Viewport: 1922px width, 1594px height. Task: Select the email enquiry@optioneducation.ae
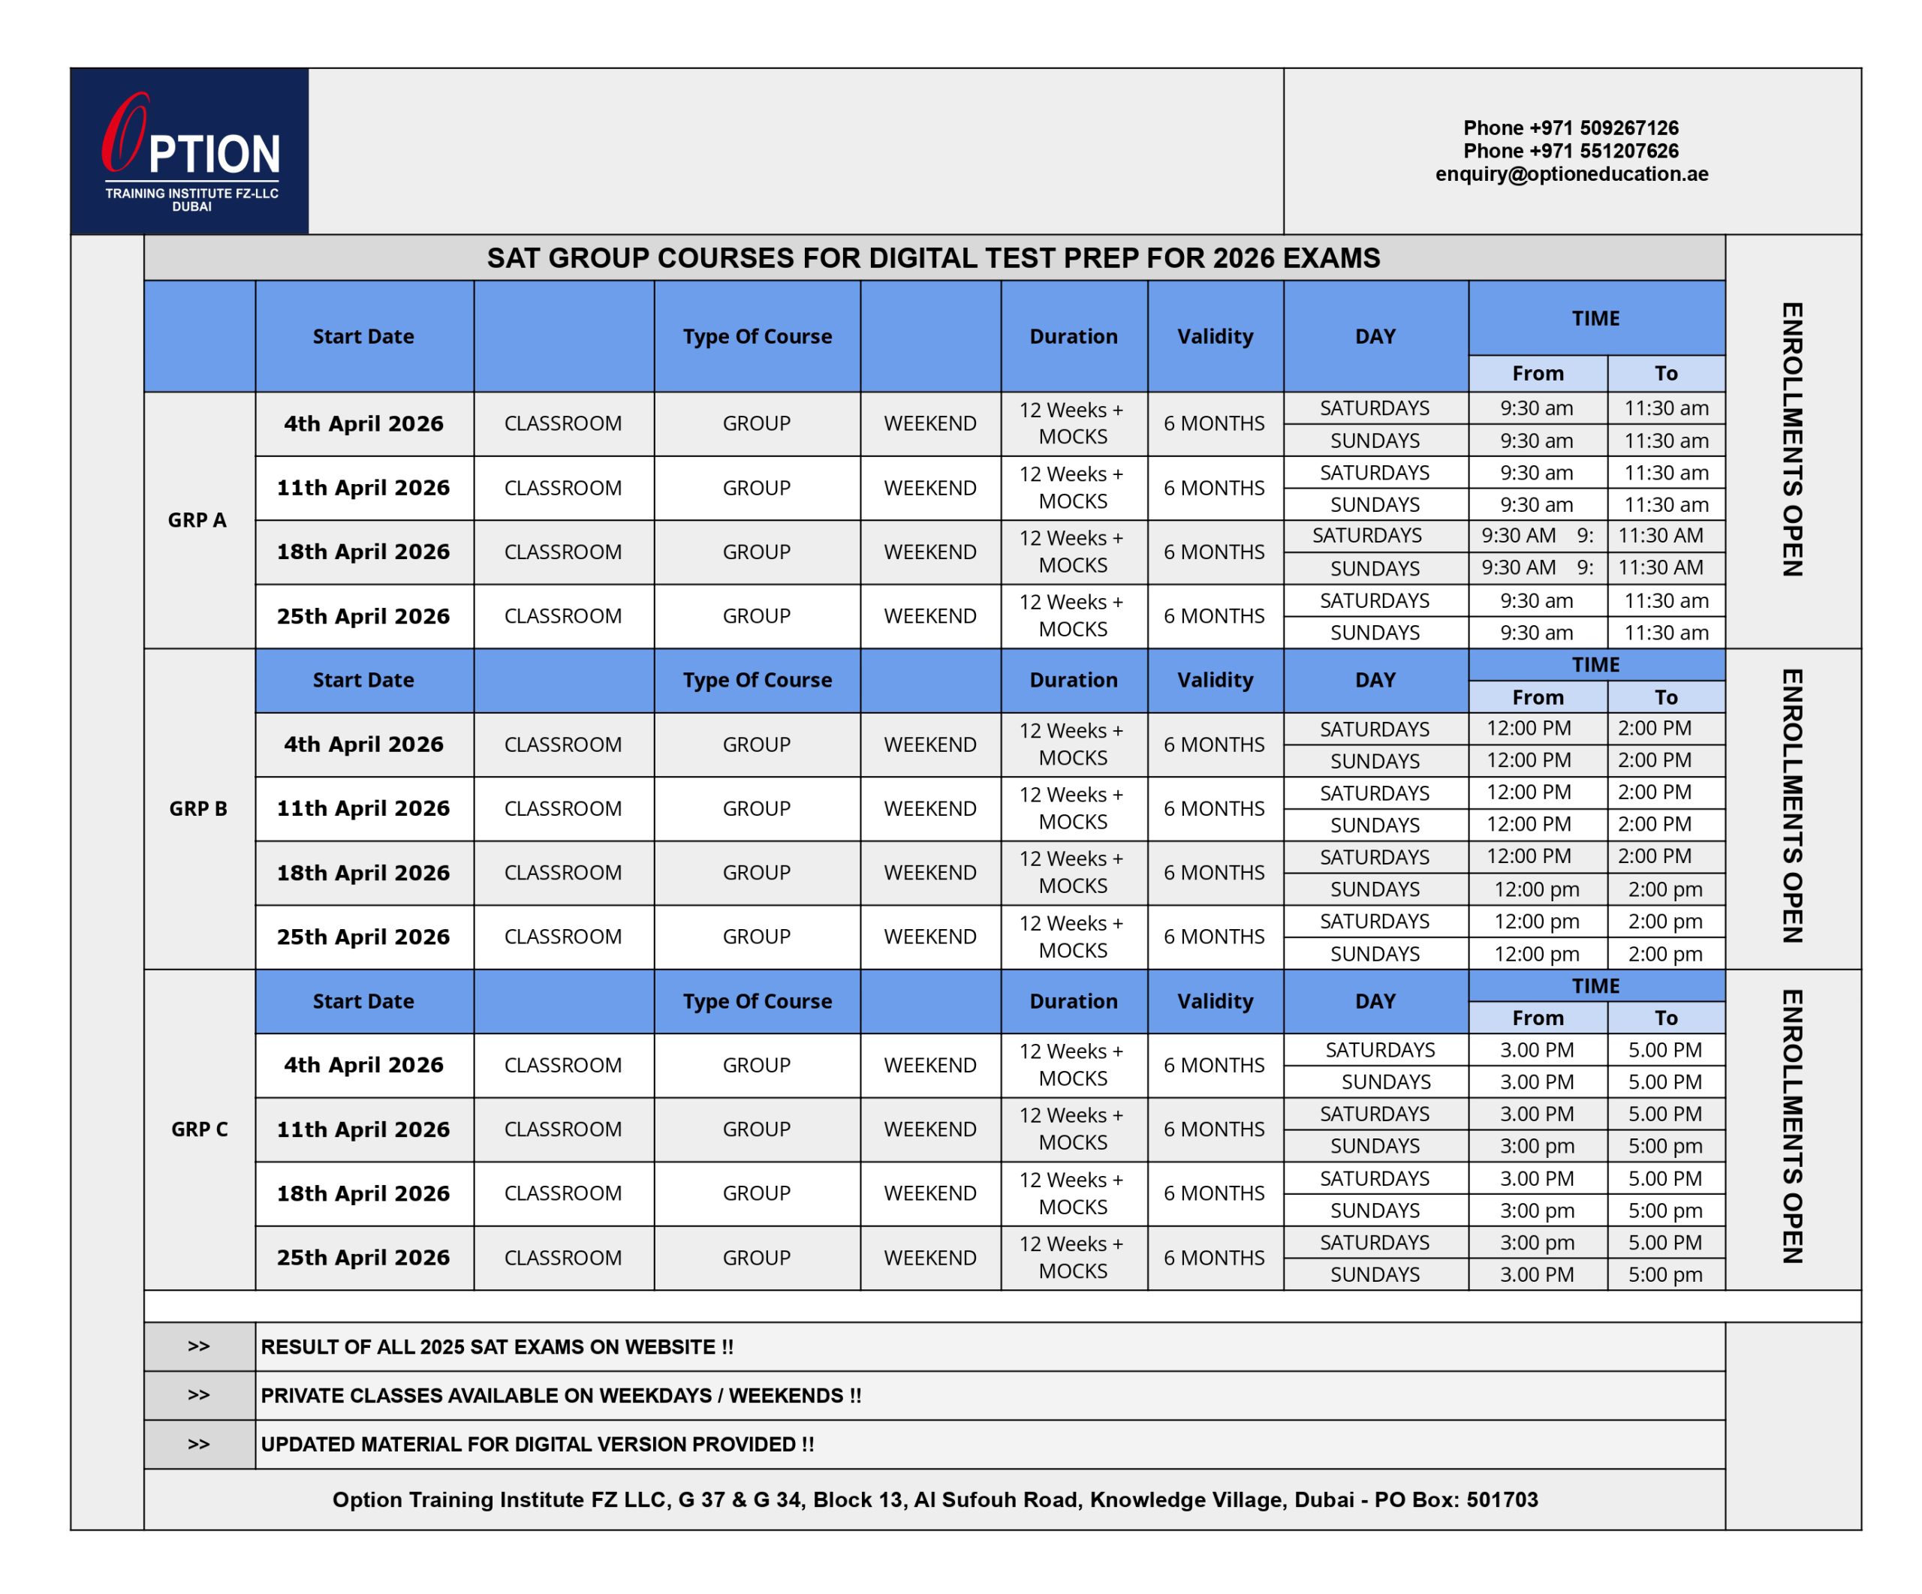(1571, 174)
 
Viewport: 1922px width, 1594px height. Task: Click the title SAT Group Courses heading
(932, 258)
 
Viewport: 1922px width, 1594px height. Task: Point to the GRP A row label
(197, 520)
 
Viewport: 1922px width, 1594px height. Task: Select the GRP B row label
(197, 808)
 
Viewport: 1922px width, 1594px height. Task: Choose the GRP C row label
(199, 1129)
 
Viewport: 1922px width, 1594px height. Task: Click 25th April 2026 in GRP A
(363, 616)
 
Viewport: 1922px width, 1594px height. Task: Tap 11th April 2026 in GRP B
(363, 808)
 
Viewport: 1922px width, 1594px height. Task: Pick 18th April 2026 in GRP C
(363, 1193)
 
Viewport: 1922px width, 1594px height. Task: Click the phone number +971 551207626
(1571, 151)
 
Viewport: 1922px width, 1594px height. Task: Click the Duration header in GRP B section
(1073, 680)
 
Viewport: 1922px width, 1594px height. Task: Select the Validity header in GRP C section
(1215, 1001)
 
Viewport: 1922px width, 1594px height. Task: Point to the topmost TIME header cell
(1595, 318)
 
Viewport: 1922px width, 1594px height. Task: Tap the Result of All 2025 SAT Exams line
(497, 1347)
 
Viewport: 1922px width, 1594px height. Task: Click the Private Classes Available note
(561, 1395)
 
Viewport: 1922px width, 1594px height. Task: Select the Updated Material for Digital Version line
(538, 1444)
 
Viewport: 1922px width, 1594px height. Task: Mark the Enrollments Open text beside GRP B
(1791, 806)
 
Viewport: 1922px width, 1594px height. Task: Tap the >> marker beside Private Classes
(199, 1394)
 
